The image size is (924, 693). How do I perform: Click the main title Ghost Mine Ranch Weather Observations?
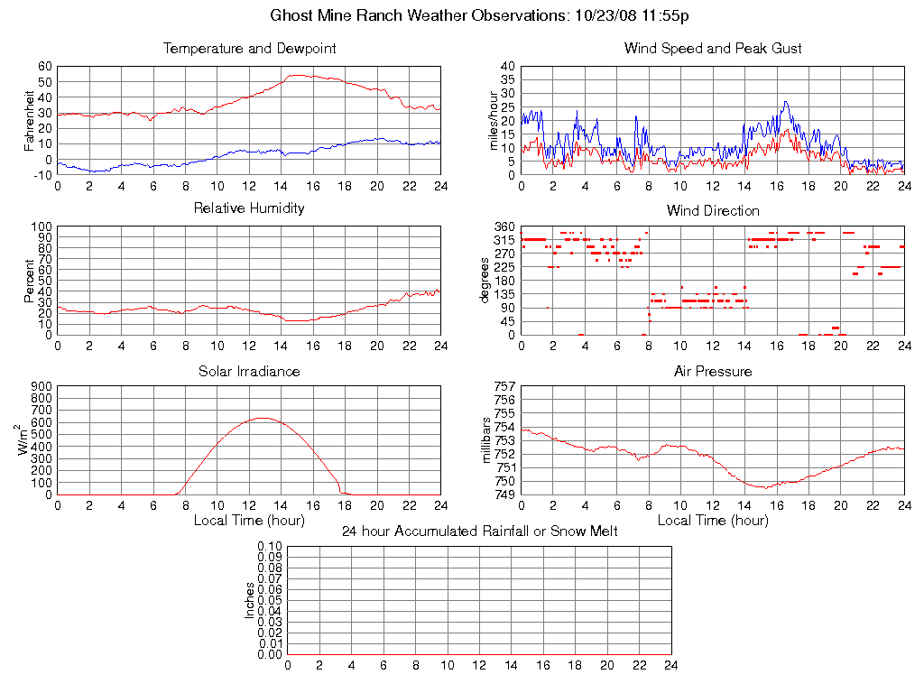480,15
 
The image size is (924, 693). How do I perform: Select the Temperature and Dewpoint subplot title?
249,49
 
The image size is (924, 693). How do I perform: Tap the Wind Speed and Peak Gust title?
713,49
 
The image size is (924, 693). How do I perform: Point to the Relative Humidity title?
249,208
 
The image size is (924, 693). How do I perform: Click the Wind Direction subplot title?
713,211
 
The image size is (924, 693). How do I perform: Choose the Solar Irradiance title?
249,372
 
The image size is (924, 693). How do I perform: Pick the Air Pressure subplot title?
713,372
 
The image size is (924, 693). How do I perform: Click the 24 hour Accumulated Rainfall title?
480,531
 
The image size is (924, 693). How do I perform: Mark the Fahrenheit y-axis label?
30,120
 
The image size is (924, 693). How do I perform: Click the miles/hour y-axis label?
494,120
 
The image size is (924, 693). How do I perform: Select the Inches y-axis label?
250,600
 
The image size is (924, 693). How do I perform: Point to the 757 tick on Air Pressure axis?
504,386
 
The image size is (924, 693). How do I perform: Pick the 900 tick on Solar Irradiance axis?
41,386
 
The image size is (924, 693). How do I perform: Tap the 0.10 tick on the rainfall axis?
270,546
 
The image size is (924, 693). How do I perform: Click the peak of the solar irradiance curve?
263,418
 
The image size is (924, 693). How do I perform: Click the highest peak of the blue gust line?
786,101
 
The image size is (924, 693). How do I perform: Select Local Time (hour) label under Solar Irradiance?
249,521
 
